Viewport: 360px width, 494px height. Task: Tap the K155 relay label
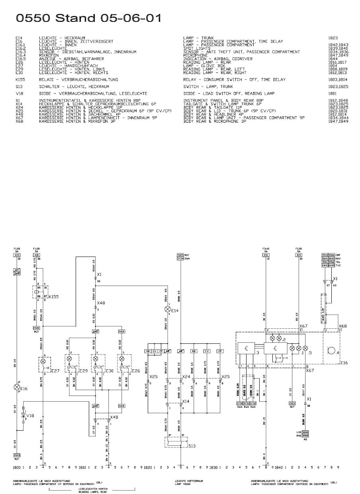[53, 297]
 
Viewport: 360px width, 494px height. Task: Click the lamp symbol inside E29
[69, 359]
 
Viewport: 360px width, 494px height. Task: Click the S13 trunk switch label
[192, 446]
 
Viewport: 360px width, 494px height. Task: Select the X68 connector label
[342, 326]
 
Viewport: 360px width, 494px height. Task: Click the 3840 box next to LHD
[305, 432]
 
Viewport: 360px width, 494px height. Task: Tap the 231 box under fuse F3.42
[266, 255]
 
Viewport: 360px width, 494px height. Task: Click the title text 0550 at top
[33, 18]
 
